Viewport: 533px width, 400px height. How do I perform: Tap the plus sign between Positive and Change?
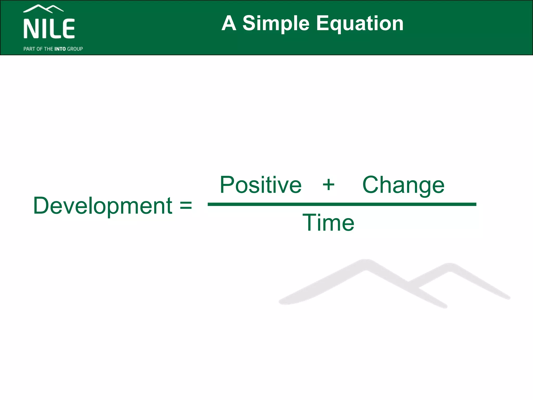pyautogui.click(x=328, y=185)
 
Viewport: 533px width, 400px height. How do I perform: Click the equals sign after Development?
pyautogui.click(x=186, y=205)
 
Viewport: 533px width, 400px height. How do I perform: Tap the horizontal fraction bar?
pyautogui.click(x=342, y=204)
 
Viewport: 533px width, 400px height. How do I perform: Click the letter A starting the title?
pyautogui.click(x=229, y=23)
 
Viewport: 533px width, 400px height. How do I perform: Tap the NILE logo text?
pyautogui.click(x=49, y=29)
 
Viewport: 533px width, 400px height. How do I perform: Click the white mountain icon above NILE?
pyautogui.click(x=43, y=9)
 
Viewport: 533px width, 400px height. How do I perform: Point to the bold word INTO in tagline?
pyautogui.click(x=60, y=49)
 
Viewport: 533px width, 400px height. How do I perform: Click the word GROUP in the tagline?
pyautogui.click(x=75, y=49)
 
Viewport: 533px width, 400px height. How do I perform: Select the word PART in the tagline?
pyautogui.click(x=29, y=49)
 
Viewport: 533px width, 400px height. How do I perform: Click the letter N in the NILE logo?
pyautogui.click(x=29, y=29)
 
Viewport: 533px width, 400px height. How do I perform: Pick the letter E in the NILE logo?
pyautogui.click(x=69, y=29)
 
